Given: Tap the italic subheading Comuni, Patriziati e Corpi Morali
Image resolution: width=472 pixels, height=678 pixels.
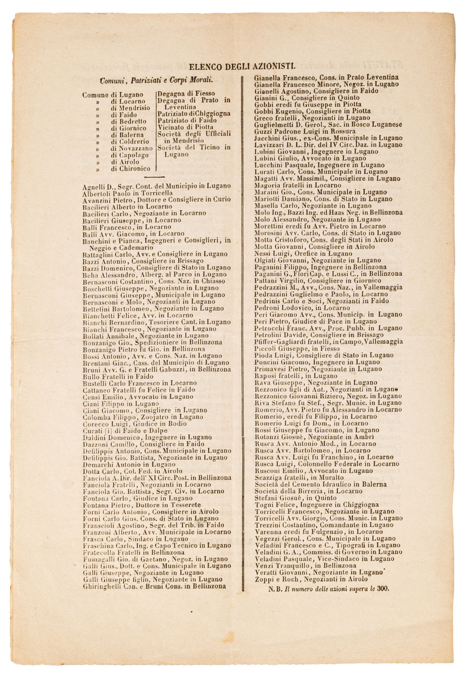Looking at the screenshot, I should (x=156, y=81).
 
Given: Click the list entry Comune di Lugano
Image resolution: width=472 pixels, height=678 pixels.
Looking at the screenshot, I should (x=113, y=95).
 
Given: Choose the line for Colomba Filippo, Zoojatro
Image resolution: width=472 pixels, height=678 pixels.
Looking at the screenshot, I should (x=143, y=417).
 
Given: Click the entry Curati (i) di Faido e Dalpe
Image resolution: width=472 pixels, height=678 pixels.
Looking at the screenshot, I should (x=125, y=431).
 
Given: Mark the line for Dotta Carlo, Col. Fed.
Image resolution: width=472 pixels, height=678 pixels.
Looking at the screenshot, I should (x=132, y=471).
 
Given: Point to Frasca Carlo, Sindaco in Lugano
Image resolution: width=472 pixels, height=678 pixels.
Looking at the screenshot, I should (x=135, y=539).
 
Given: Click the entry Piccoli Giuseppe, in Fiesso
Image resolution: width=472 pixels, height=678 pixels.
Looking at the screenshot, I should (x=297, y=348).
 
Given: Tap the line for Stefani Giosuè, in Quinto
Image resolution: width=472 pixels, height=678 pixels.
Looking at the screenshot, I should (x=295, y=498).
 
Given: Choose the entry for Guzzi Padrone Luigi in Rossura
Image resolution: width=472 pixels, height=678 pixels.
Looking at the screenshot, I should (x=300, y=131).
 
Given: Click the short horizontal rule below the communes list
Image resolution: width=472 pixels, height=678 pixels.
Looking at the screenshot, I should (x=154, y=177).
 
